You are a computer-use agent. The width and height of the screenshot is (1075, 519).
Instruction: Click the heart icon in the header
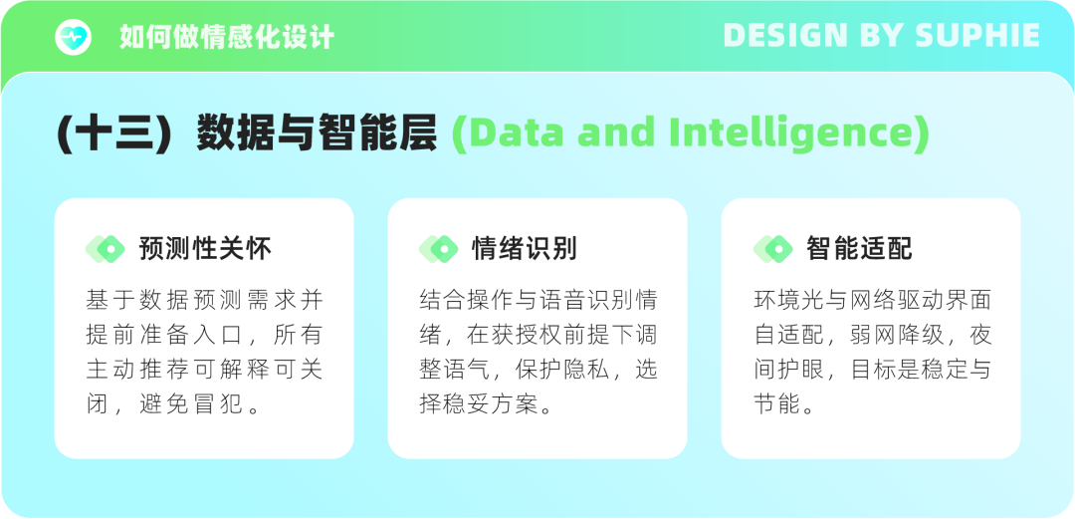pyautogui.click(x=74, y=37)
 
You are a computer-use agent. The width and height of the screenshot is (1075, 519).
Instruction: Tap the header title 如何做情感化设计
pyautogui.click(x=227, y=37)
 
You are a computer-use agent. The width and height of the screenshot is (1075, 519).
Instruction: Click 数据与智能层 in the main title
pyautogui.click(x=317, y=133)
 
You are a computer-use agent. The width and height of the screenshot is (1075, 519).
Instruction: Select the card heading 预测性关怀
pyautogui.click(x=205, y=248)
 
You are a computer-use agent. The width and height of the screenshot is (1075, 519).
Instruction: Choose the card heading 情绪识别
pyautogui.click(x=525, y=248)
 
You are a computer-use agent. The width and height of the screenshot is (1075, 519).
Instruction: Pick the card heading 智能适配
pyautogui.click(x=859, y=248)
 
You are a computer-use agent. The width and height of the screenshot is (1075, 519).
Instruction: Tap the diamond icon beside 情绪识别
pyautogui.click(x=439, y=249)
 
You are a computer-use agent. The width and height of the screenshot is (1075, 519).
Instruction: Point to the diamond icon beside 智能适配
pyautogui.click(x=772, y=249)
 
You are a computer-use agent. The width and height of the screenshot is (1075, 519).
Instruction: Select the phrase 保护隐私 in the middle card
pyautogui.click(x=562, y=370)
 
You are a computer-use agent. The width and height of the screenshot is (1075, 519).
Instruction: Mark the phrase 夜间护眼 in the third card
pyautogui.click(x=788, y=370)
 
